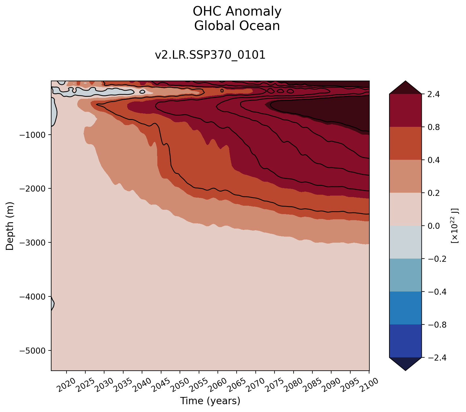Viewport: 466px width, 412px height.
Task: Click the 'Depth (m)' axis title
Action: [10, 226]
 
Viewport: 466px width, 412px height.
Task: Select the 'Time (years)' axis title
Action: [210, 401]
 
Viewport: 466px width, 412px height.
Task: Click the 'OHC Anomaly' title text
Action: [237, 12]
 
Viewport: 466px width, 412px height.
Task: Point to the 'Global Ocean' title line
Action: [237, 26]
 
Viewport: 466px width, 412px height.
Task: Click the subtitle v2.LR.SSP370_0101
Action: [210, 55]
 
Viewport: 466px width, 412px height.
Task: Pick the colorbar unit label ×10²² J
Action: [455, 226]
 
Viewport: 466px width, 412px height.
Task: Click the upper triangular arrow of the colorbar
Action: [405, 88]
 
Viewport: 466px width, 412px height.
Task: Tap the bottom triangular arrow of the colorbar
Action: [405, 363]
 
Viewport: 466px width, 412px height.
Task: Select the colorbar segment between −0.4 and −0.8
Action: [405, 308]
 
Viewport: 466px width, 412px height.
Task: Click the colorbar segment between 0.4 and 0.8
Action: [405, 143]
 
